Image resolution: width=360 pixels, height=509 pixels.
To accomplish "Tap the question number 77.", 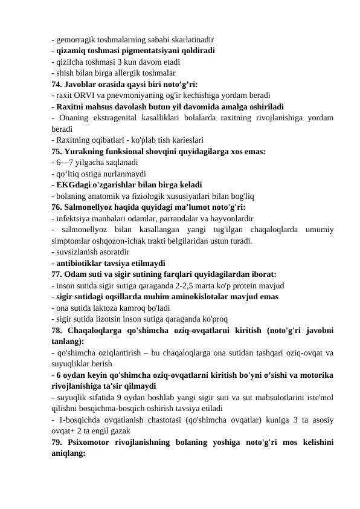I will pyautogui.click(x=58, y=273).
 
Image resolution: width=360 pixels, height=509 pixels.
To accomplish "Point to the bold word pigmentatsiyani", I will pyautogui.click(x=149, y=51).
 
